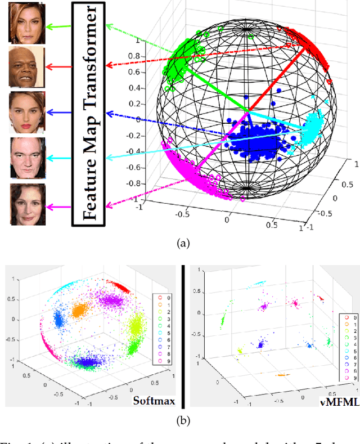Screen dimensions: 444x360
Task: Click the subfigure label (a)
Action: pos(184,243)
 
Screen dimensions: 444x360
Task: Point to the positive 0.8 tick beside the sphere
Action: pos(147,56)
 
